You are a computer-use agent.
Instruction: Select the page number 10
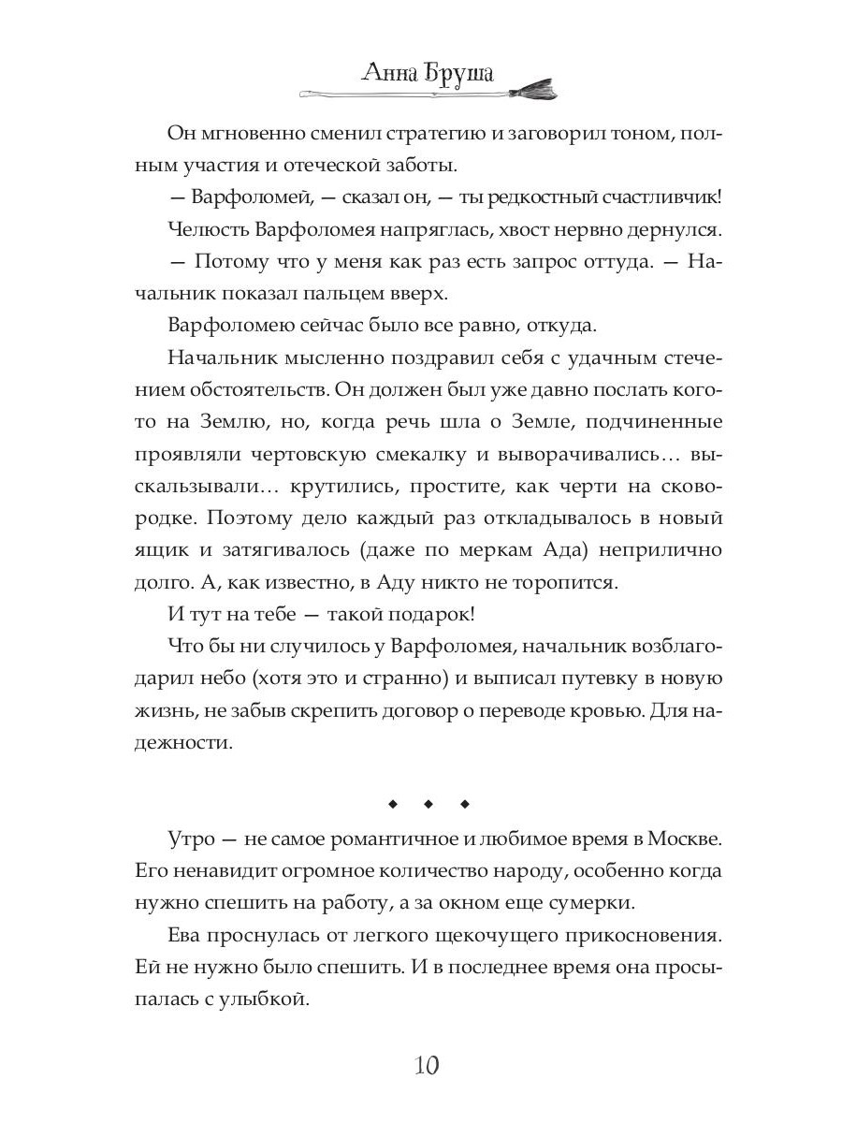(x=420, y=1065)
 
